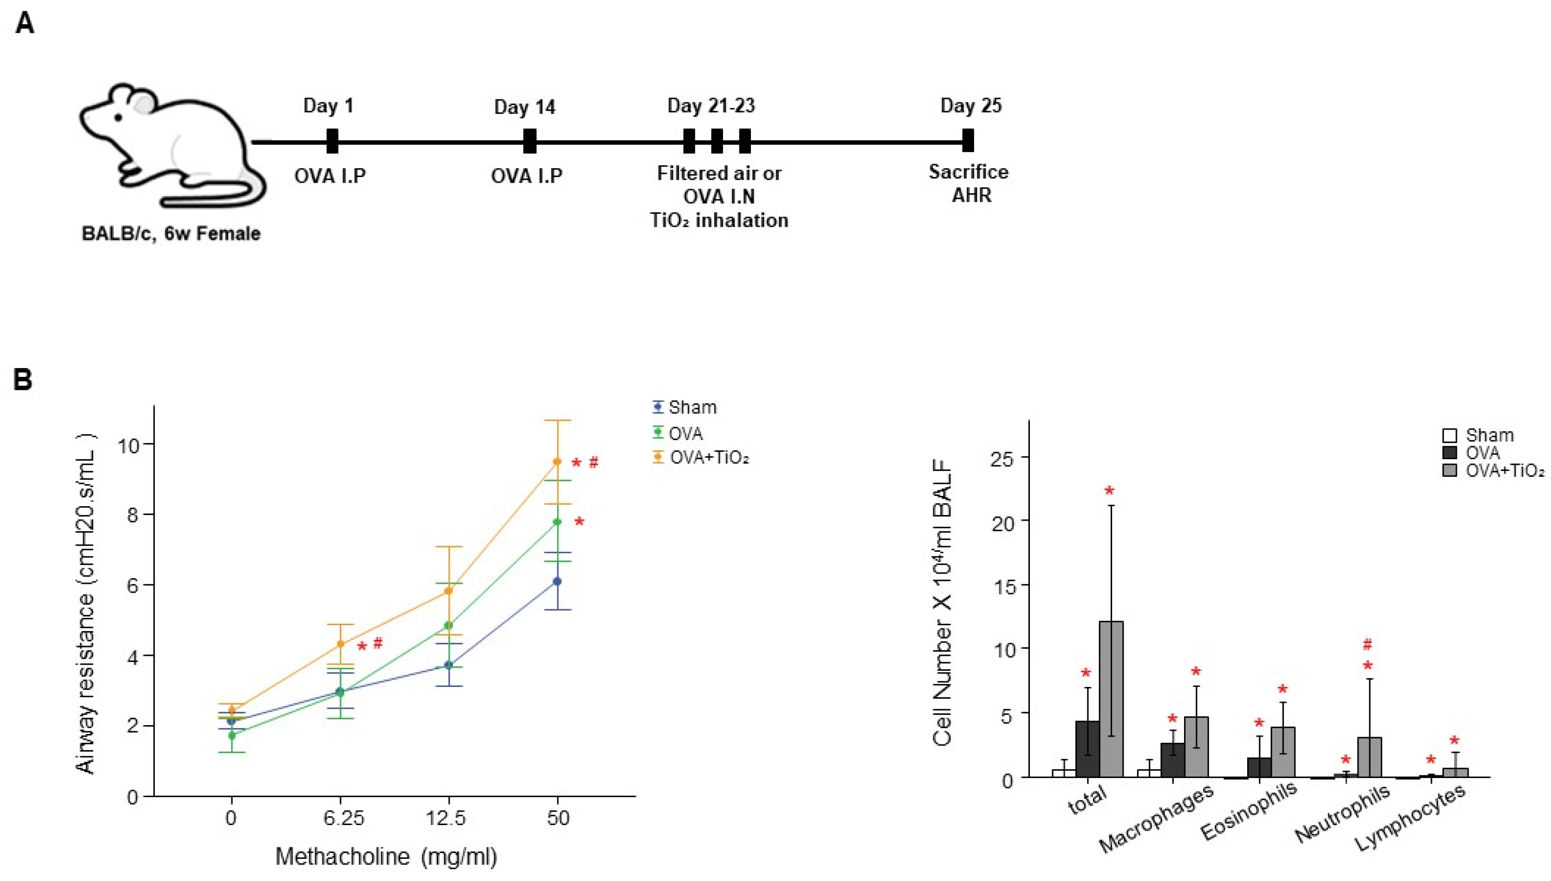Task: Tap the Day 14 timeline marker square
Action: click(529, 141)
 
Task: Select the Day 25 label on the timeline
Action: click(970, 106)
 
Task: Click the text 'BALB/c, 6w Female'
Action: click(171, 233)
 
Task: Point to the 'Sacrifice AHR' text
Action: click(969, 183)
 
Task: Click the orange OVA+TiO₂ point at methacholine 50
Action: click(557, 462)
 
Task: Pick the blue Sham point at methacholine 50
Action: click(557, 581)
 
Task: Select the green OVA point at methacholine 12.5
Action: click(448, 625)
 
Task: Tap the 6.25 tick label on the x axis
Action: click(344, 819)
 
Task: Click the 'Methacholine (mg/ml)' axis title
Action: click(386, 857)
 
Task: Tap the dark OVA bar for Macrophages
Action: click(1172, 759)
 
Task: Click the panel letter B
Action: click(22, 380)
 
